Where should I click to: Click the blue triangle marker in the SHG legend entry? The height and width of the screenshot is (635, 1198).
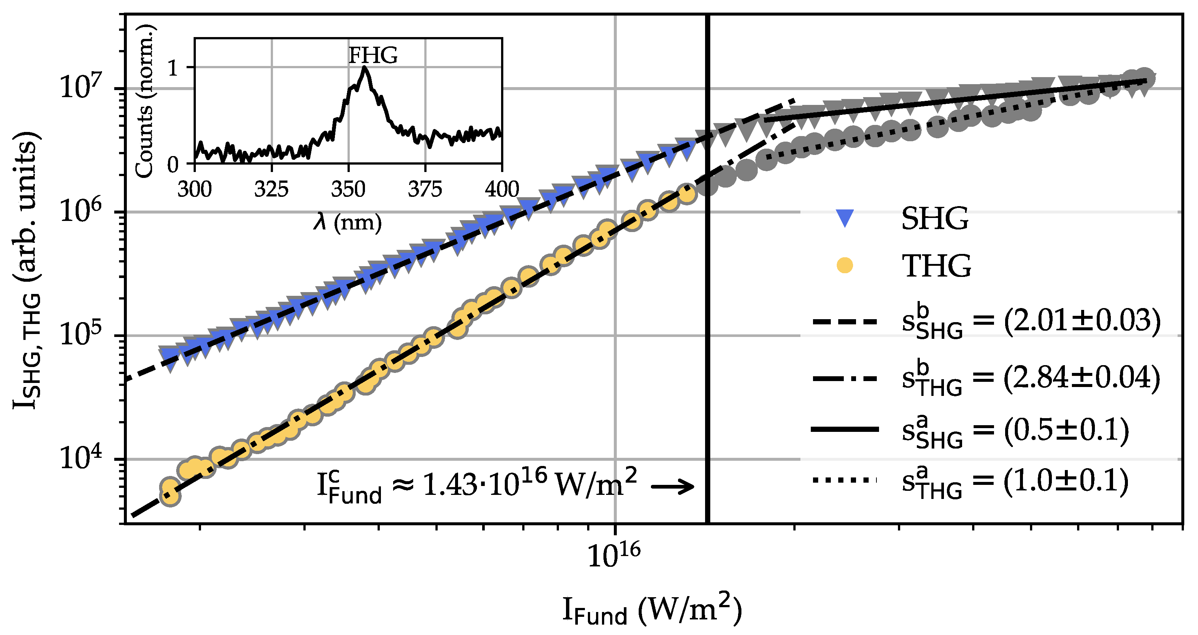844,218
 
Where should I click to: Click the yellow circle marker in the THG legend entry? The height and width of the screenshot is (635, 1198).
844,266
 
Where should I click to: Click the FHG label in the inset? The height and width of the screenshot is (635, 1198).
373,56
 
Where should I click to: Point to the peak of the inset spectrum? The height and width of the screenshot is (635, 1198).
365,68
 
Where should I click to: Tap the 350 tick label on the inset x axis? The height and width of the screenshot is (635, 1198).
348,189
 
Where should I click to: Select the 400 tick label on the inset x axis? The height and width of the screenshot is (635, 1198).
501,189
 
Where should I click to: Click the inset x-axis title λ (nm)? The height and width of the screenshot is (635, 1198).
348,223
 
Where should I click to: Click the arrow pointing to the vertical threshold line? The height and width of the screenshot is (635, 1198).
672,487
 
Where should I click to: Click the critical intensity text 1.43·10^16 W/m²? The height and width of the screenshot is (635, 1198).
477,486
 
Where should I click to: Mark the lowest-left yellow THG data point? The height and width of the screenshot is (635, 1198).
170,496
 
